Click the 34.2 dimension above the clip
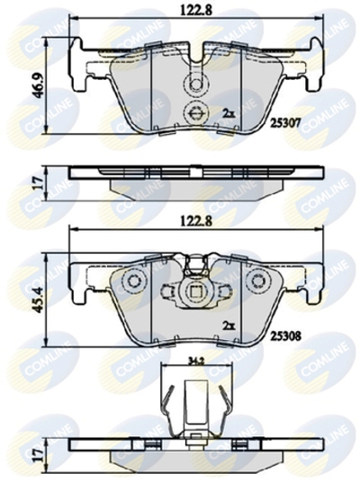click(x=193, y=361)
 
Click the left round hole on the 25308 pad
click(x=135, y=281)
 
